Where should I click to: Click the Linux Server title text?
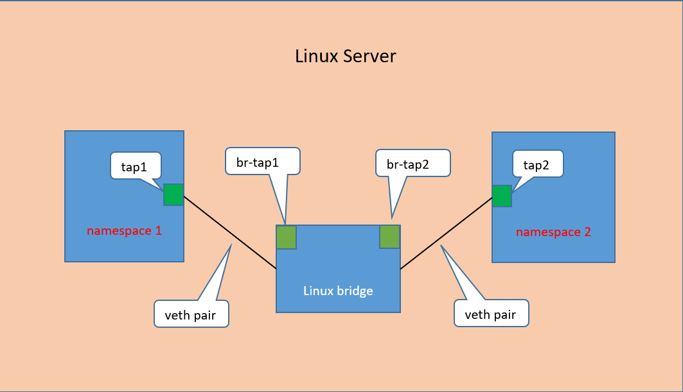point(345,56)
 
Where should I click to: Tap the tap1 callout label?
point(134,167)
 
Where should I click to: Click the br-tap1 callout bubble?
point(262,162)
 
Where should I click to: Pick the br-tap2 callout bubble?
point(412,164)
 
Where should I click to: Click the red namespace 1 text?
point(124,230)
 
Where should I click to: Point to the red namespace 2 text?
point(553,232)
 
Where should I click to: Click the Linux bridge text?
point(338,291)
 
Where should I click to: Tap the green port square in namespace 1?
point(173,194)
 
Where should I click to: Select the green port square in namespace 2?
point(502,196)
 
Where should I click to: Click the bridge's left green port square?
point(286,237)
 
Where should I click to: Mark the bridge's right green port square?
point(390,237)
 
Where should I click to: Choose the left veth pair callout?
point(191,314)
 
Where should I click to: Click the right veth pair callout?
point(491,314)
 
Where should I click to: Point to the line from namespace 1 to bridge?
point(229,232)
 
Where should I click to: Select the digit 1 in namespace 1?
point(158,230)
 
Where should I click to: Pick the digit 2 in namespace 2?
point(587,232)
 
